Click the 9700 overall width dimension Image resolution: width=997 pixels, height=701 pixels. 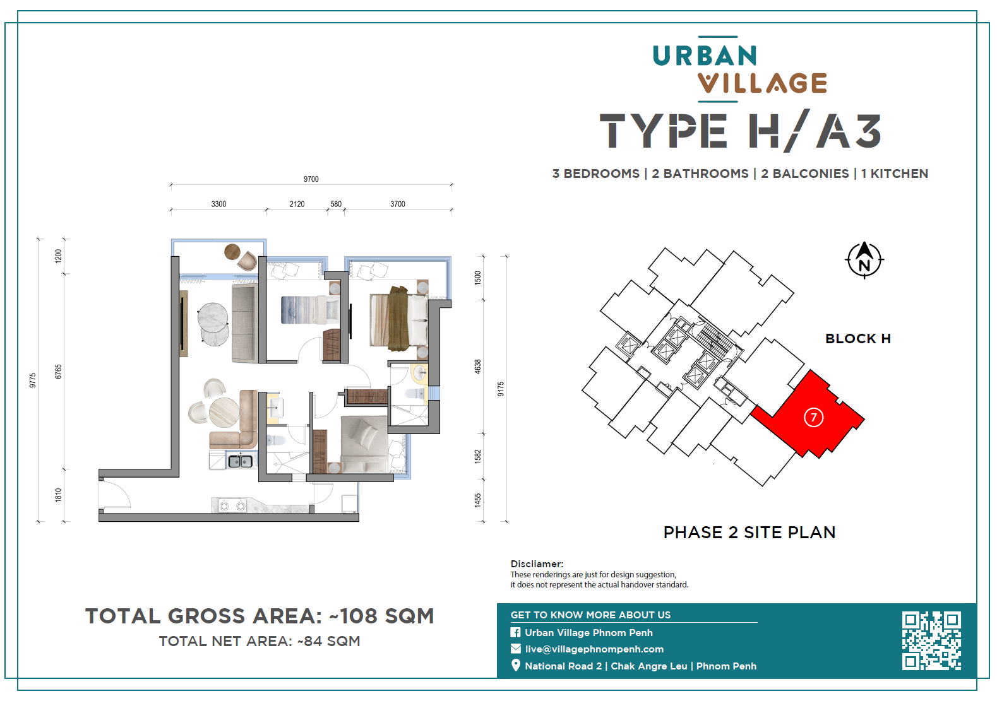click(311, 179)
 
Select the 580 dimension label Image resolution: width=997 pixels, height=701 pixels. click(336, 204)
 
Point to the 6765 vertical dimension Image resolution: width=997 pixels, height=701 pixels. click(58, 372)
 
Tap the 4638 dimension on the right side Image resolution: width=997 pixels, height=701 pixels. click(477, 367)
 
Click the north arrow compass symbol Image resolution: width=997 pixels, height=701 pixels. click(864, 260)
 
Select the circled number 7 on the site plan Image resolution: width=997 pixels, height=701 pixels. click(814, 417)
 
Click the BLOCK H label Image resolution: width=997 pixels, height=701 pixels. click(858, 338)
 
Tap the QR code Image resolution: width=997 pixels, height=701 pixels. click(931, 640)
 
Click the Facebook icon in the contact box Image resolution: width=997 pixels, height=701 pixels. click(515, 632)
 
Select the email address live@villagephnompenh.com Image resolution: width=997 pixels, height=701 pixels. click(594, 649)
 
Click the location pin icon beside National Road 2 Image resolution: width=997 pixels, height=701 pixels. click(515, 666)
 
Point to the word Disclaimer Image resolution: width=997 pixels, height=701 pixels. click(537, 564)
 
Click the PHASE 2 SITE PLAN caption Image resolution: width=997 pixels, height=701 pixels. click(749, 533)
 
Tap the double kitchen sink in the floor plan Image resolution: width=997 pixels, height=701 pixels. click(241, 461)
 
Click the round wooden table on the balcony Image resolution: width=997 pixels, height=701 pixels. click(232, 252)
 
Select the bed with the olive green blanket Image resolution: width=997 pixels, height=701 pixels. click(399, 319)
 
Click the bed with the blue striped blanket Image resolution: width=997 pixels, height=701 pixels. click(310, 310)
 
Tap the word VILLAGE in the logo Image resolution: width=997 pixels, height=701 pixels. click(763, 83)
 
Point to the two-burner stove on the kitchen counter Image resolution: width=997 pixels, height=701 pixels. click(232, 506)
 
